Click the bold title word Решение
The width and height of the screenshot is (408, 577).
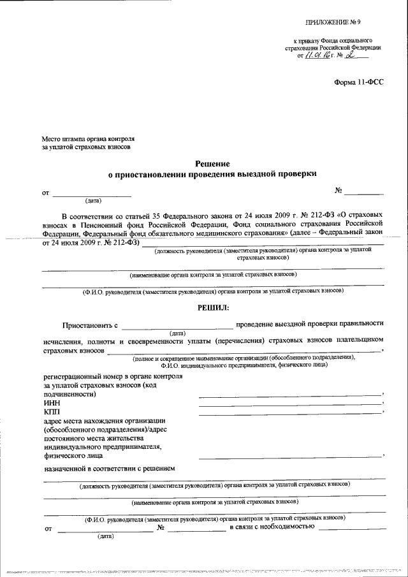[x=212, y=164]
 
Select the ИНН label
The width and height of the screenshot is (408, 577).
[x=51, y=404]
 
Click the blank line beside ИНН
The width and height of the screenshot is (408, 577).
[x=289, y=405]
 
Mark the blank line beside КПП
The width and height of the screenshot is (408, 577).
[x=289, y=414]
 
